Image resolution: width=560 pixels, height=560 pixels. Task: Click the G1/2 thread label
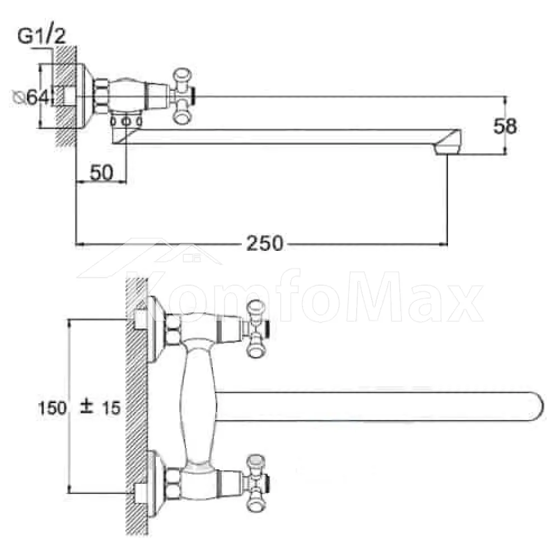click(42, 36)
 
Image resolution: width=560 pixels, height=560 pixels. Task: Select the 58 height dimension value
click(505, 126)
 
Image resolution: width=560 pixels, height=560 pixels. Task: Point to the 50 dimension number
click(101, 172)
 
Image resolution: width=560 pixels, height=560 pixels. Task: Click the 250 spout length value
click(265, 243)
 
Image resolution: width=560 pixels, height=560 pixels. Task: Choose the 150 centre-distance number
click(52, 408)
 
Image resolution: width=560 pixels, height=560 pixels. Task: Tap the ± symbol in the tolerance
click(86, 407)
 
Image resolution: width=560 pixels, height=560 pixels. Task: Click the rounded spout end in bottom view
click(536, 407)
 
